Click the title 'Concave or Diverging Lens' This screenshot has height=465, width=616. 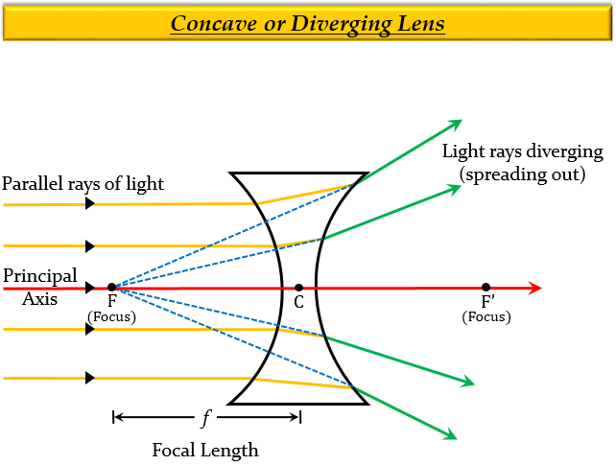pos(307,22)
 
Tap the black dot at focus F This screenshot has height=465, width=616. pos(112,287)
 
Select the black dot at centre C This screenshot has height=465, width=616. pos(299,287)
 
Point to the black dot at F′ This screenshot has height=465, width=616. pos(486,287)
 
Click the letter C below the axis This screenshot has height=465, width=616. pos(299,303)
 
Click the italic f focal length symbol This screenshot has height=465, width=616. pos(205,417)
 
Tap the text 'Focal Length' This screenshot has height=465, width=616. pos(205,450)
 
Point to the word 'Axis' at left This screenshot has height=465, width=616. pos(39,298)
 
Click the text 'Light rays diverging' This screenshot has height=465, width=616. pos(522,151)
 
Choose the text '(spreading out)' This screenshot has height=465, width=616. pos(522,174)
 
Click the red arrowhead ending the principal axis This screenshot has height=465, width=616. pos(534,288)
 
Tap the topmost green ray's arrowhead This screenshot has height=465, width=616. pos(456,124)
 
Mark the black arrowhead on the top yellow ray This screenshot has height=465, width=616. pos(90,204)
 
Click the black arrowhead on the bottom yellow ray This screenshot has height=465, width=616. pos(90,378)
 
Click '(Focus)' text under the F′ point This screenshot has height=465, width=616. pos(486,317)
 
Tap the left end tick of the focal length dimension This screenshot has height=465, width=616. pos(113,417)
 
